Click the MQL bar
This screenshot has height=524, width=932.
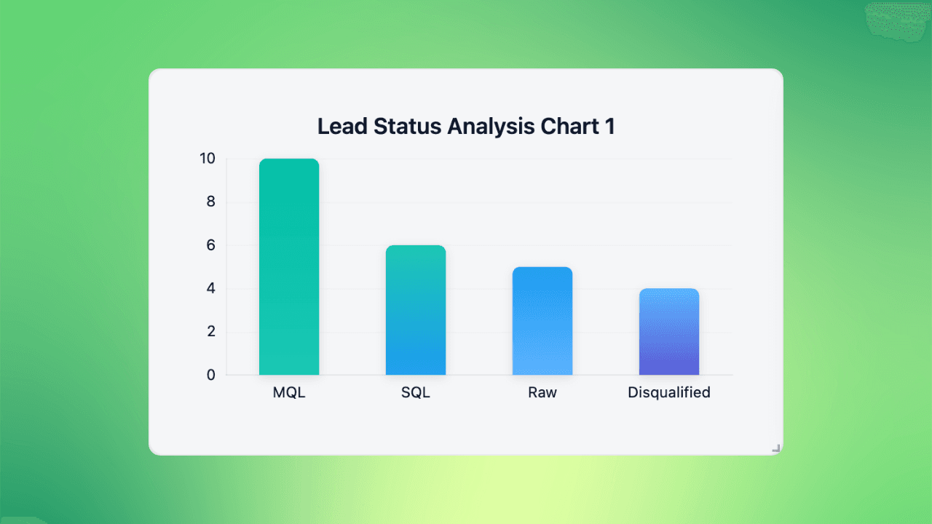point(289,267)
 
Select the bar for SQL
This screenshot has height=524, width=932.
point(416,311)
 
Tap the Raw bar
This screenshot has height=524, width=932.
point(542,321)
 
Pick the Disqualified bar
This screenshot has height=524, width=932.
point(669,332)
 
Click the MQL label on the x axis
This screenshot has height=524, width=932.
point(289,393)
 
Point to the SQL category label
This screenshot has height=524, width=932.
point(416,393)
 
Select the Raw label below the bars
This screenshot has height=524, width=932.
point(542,393)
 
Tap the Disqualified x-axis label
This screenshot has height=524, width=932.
point(669,393)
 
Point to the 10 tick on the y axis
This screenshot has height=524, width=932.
point(208,159)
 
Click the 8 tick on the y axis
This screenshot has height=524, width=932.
point(211,202)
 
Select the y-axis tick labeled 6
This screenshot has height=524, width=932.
point(211,245)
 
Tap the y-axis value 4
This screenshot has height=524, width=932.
point(211,289)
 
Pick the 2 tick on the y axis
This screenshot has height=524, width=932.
point(211,332)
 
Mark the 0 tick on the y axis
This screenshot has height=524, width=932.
point(211,376)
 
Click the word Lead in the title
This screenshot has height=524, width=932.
point(342,127)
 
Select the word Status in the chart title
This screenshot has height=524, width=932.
point(407,127)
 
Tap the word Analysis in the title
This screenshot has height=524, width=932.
point(491,127)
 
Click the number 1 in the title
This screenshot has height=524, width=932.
point(609,127)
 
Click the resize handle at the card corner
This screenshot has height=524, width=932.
point(776,448)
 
